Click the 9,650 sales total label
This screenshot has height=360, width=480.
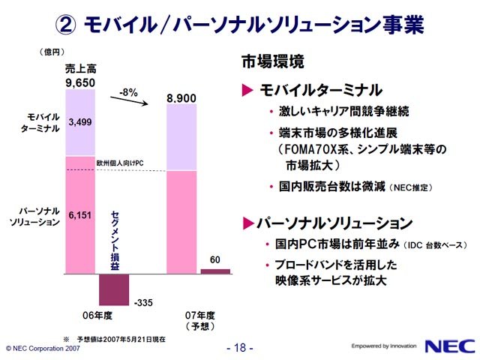(x=80, y=83)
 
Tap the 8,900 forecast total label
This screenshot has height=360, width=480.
(x=181, y=98)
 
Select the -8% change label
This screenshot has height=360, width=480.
(x=128, y=92)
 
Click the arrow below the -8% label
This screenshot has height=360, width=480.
(x=129, y=100)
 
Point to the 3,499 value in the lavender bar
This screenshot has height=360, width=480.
(x=80, y=122)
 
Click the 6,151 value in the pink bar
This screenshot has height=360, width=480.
(x=80, y=215)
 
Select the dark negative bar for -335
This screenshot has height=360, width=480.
(x=114, y=289)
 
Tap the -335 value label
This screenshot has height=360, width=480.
(x=143, y=302)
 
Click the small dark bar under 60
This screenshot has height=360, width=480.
(x=215, y=271)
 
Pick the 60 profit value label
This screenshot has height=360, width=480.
(x=215, y=260)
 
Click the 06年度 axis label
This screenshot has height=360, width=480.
(x=97, y=315)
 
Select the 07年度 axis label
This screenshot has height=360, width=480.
(x=200, y=315)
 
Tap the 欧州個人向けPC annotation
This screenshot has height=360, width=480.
(x=120, y=163)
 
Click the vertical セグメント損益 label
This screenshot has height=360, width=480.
(x=115, y=240)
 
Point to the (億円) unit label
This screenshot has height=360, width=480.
(x=52, y=52)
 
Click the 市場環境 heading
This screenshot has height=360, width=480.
(x=273, y=61)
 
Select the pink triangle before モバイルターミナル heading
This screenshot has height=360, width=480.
(x=247, y=90)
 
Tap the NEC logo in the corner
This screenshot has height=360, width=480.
(x=450, y=346)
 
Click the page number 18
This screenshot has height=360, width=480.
(x=240, y=348)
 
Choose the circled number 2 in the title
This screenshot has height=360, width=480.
(x=65, y=25)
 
